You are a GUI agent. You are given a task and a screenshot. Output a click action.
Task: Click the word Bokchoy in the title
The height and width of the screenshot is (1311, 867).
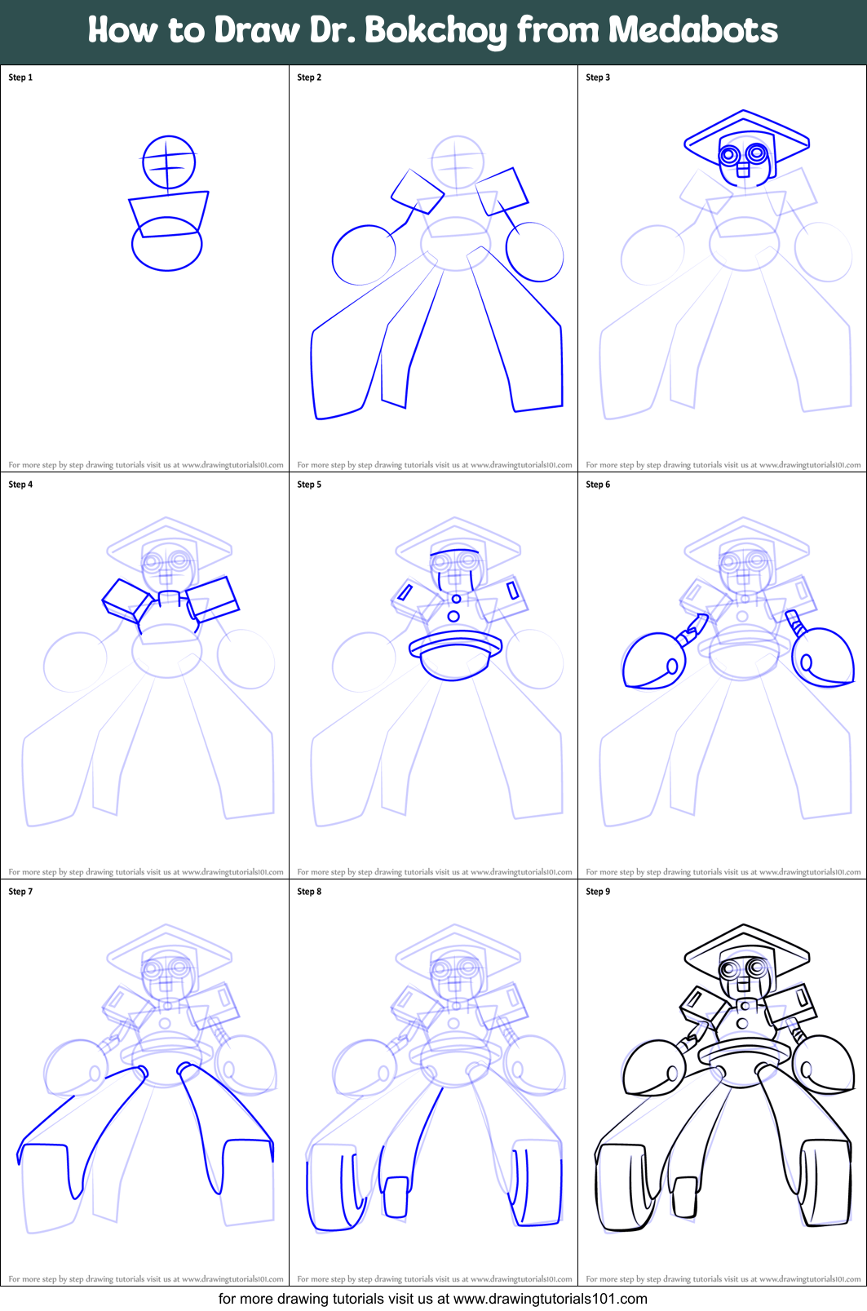pyautogui.click(x=435, y=31)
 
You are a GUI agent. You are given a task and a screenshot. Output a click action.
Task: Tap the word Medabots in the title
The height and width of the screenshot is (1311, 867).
pyautogui.click(x=692, y=30)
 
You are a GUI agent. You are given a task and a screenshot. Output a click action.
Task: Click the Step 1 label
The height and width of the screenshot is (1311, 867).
pyautogui.click(x=20, y=78)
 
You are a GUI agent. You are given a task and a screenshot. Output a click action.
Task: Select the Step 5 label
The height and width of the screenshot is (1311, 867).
pyautogui.click(x=309, y=485)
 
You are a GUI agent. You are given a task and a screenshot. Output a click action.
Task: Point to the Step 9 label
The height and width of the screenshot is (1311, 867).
pyautogui.click(x=598, y=892)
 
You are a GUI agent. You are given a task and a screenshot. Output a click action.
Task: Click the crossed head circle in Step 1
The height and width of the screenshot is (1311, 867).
pyautogui.click(x=169, y=162)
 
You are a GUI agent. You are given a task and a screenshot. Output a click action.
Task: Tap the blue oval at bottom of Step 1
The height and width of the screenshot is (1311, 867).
pyautogui.click(x=166, y=254)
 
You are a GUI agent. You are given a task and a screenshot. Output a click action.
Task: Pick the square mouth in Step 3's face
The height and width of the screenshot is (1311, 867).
pyautogui.click(x=742, y=170)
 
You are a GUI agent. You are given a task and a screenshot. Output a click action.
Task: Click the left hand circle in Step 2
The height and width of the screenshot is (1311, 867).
pyautogui.click(x=363, y=255)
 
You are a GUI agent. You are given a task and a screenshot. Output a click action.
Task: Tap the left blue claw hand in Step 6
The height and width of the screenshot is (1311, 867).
pyautogui.click(x=652, y=661)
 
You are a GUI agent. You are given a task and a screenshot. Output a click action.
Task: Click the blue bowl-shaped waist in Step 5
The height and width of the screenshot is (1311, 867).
pyautogui.click(x=454, y=657)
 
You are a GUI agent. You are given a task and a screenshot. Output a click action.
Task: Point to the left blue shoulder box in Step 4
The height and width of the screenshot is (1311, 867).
pyautogui.click(x=126, y=600)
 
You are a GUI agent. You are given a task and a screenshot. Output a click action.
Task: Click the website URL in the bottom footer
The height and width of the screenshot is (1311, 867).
pyautogui.click(x=550, y=1299)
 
